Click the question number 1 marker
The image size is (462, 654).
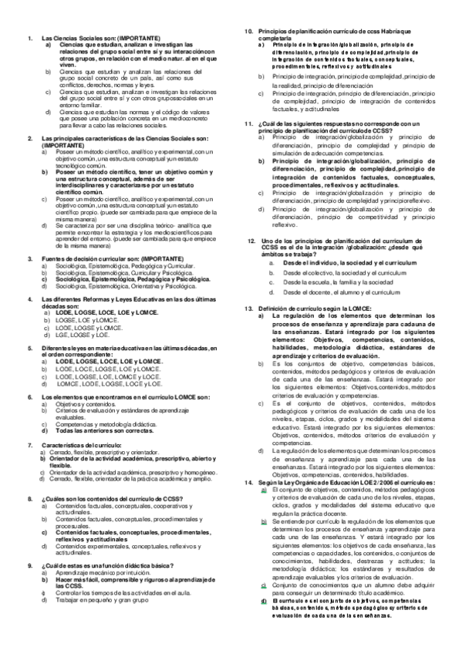pos(29,38)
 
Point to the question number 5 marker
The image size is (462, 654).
pos(29,349)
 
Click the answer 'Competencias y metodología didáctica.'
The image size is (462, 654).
pos(110,424)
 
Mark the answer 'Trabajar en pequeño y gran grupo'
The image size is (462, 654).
pos(102,598)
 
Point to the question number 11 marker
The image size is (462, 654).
pos(249,123)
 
